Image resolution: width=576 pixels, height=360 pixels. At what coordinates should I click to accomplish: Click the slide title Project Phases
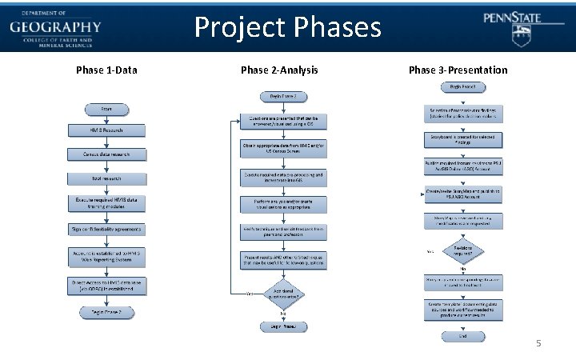pos(288,29)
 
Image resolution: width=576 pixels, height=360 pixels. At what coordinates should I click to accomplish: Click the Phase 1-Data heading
pos(106,70)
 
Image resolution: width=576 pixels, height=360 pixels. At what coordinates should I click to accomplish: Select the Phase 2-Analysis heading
pos(279,70)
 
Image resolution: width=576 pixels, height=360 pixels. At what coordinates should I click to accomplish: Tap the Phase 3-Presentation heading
pos(458,70)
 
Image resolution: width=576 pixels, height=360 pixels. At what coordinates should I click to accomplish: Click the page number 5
pos(538,343)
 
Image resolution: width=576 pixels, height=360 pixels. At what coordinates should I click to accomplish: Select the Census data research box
pos(106,154)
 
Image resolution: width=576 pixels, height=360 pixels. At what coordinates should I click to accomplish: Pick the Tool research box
pos(106,178)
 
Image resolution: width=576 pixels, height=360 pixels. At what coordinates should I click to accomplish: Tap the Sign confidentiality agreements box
pos(106,229)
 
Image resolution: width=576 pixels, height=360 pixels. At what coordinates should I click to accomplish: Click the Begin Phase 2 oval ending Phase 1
pos(106,311)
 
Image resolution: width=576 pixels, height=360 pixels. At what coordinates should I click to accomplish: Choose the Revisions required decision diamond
pos(463,251)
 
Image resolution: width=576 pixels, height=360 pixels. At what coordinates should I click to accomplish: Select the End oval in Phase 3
pos(463,336)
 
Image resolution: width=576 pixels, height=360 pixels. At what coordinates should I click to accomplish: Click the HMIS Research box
pos(106,130)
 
